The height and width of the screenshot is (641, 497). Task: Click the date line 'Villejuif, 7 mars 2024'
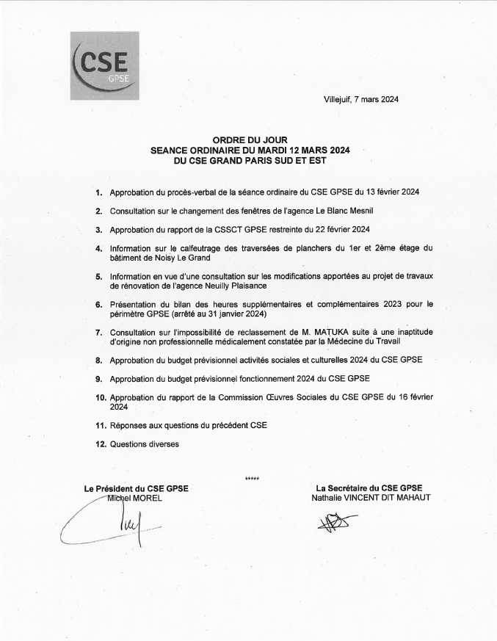[x=360, y=99]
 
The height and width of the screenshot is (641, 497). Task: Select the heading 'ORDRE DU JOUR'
[x=250, y=139]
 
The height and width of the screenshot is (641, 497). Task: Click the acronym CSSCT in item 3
[x=227, y=229]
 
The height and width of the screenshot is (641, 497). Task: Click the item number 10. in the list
[x=101, y=397]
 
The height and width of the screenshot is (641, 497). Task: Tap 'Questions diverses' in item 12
[x=144, y=444]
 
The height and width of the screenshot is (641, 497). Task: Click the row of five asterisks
[x=252, y=479]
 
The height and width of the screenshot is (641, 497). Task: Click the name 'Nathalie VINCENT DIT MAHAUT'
[x=370, y=497]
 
